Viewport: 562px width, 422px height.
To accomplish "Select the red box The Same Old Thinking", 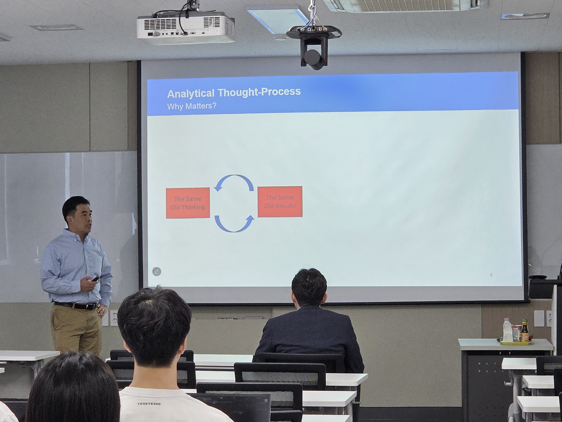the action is point(188,203).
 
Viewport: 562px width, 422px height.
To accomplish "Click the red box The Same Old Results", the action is point(280,201).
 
